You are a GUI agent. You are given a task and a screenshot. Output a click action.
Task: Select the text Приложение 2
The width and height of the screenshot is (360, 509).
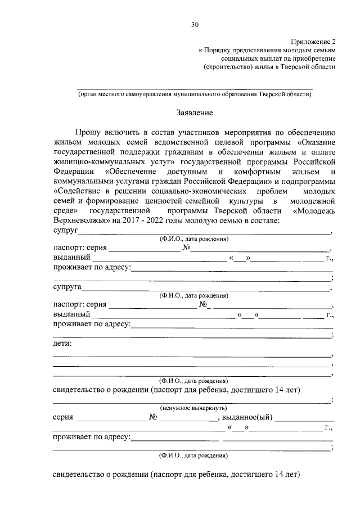313,42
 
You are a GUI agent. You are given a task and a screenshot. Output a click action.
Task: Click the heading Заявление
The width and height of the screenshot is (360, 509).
193,112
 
